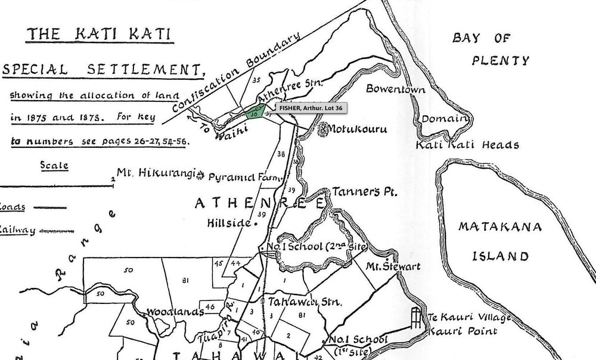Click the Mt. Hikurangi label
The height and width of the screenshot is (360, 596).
coord(156,173)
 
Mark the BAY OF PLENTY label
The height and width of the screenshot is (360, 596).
coord(490,49)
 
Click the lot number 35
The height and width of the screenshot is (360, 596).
coord(257,79)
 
